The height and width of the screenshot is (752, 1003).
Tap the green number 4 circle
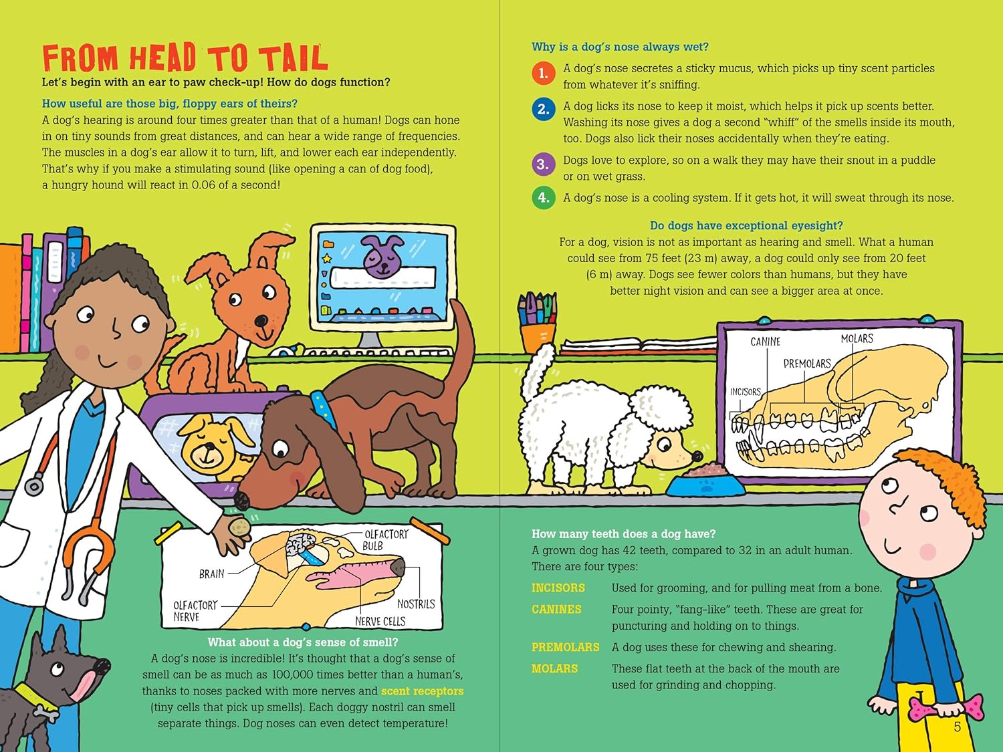click(x=544, y=197)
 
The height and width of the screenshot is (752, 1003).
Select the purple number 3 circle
click(x=544, y=164)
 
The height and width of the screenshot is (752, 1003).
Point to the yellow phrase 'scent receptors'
click(x=422, y=691)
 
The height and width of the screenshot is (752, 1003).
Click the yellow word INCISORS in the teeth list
click(x=558, y=588)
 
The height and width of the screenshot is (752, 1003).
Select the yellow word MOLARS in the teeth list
click(x=554, y=668)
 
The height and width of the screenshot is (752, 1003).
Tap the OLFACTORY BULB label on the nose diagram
click(x=386, y=539)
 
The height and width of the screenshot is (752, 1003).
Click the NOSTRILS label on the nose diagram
click(x=416, y=604)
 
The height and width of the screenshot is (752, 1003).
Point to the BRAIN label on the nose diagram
click(x=211, y=574)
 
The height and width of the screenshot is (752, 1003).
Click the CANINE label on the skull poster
click(x=766, y=342)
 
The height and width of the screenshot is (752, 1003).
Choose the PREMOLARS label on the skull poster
click(x=807, y=364)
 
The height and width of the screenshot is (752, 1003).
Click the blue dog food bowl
click(x=705, y=483)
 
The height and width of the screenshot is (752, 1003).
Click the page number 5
click(x=958, y=727)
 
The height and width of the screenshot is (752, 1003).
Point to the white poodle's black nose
click(x=697, y=456)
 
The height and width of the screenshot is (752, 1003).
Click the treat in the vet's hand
click(x=240, y=527)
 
